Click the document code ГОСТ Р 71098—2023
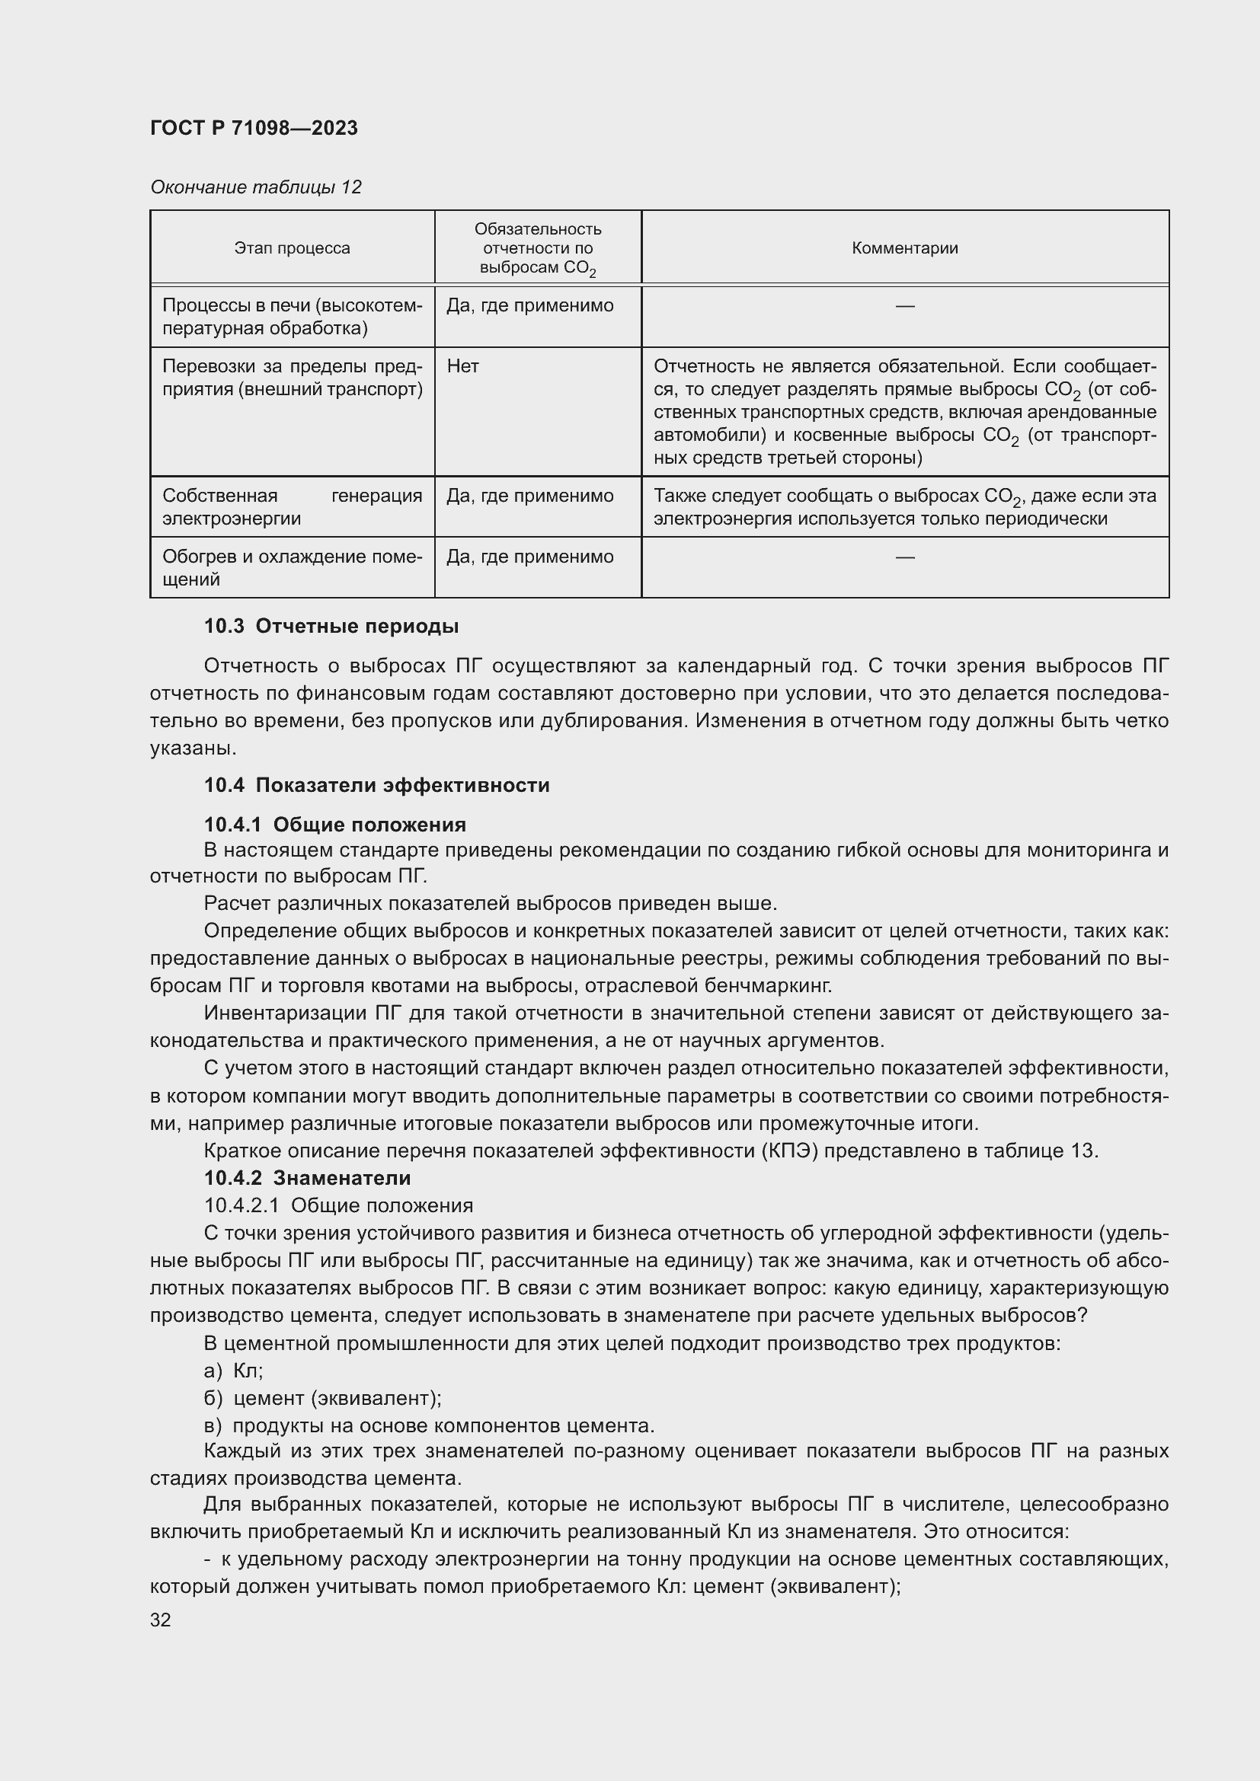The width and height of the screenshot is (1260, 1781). (x=254, y=128)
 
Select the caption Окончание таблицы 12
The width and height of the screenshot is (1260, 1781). (x=255, y=187)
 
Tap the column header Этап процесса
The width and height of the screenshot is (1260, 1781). (x=292, y=248)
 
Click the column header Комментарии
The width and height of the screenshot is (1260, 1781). (x=905, y=248)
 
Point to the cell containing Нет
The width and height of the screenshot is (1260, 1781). (x=463, y=366)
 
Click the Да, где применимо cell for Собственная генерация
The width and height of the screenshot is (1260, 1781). (x=530, y=496)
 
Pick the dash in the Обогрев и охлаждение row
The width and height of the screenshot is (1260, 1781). (x=905, y=557)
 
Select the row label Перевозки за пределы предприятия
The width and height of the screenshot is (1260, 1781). (x=292, y=378)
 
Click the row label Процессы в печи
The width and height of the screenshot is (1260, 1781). (x=292, y=317)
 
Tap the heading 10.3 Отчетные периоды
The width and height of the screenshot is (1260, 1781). (x=331, y=626)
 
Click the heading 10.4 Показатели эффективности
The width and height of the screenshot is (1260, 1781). (x=376, y=785)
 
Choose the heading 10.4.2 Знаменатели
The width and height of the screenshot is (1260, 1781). (x=307, y=1177)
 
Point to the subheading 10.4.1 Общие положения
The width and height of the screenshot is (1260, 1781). (x=334, y=824)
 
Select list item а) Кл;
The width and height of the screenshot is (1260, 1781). (x=234, y=1371)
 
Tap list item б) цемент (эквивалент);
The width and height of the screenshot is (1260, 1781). (x=323, y=1398)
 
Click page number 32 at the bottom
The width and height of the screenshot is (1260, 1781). (x=161, y=1620)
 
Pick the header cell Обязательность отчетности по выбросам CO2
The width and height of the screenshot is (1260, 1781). (x=538, y=248)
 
